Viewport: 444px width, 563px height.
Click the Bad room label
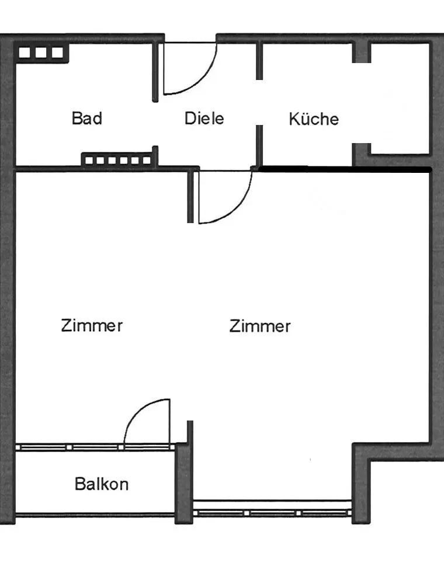86,118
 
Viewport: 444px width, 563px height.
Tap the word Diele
204,118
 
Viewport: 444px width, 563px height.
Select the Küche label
314,119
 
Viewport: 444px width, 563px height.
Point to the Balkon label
102,484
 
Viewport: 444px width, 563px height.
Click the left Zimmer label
92,325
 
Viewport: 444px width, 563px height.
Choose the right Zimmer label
259,325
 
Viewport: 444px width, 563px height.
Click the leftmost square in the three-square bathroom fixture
25,53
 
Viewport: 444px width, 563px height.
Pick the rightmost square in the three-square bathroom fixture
57,53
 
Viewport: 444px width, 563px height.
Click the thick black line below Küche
345,169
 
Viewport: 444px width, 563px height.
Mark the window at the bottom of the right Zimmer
272,513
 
